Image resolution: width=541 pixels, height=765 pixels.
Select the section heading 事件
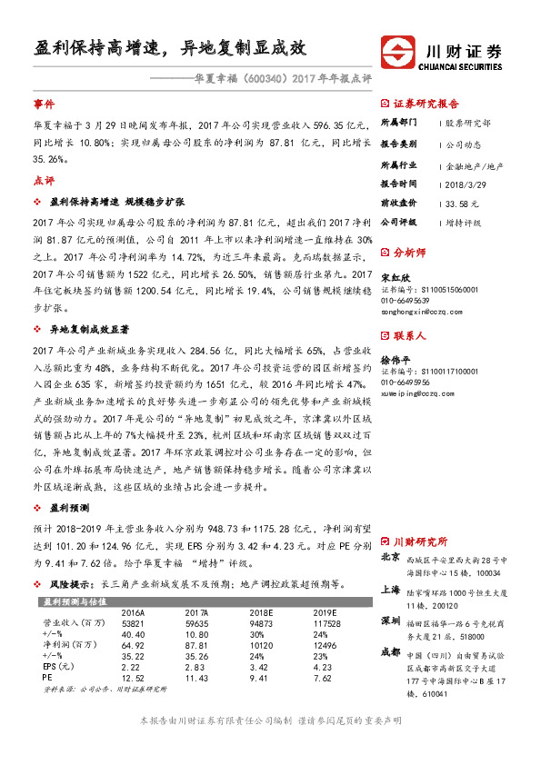pyautogui.click(x=44, y=104)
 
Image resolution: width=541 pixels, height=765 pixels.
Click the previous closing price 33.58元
pyautogui.click(x=463, y=204)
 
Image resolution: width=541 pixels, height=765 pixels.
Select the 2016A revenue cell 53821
pyautogui.click(x=133, y=624)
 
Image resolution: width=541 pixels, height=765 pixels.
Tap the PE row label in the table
pyautogui.click(x=48, y=677)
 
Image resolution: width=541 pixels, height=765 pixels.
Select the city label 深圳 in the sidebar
pyautogui.click(x=389, y=621)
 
